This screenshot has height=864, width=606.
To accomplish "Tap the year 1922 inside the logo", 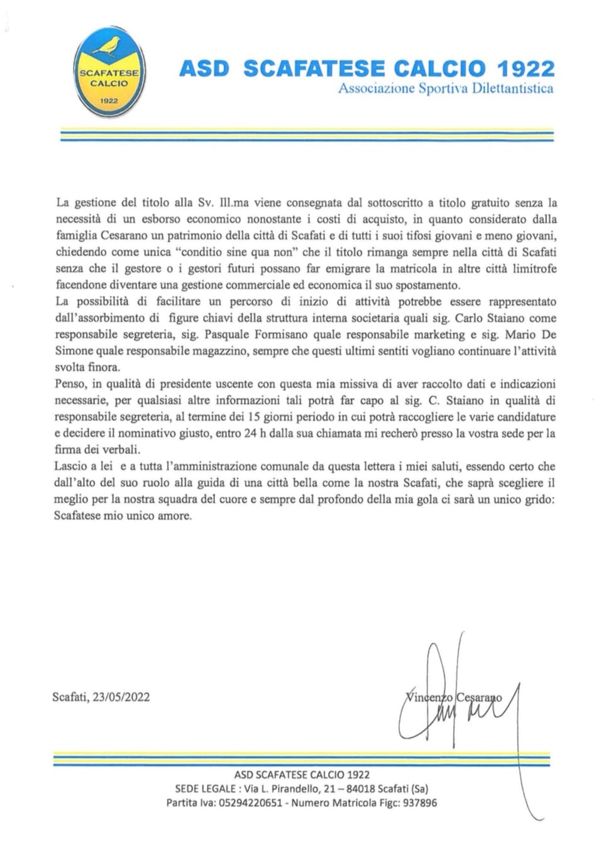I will (109, 101).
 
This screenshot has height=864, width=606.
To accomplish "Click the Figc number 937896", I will (418, 803).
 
